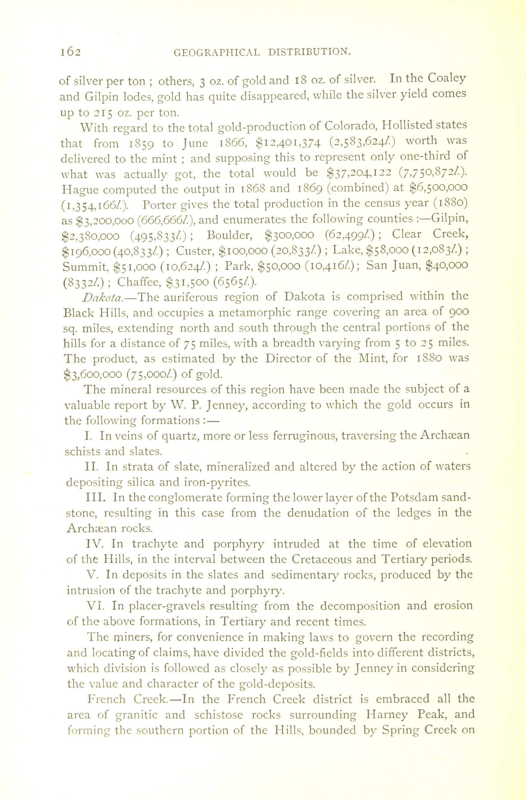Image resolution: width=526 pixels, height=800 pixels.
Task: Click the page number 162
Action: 70,52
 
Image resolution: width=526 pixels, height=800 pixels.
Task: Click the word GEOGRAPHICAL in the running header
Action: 217,52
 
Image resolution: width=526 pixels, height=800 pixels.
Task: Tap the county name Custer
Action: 195,250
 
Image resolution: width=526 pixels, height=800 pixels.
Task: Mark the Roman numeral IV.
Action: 96,543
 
